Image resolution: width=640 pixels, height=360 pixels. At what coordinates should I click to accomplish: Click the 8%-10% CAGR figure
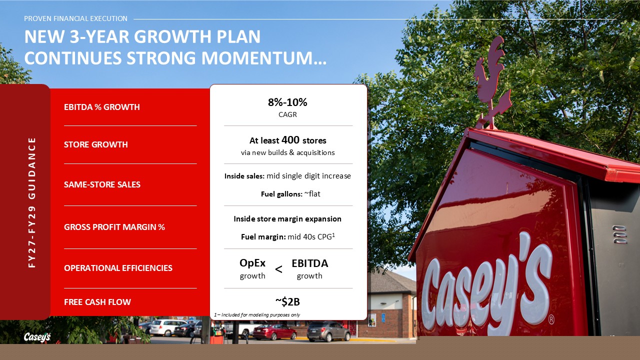pos(287,102)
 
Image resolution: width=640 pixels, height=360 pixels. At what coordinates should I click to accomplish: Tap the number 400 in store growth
pos(290,139)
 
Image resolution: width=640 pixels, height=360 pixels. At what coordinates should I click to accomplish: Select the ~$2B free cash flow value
pos(287,301)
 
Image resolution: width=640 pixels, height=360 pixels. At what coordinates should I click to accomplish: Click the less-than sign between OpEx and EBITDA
pos(278,269)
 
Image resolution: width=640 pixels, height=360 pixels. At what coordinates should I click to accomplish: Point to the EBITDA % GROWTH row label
pos(101,107)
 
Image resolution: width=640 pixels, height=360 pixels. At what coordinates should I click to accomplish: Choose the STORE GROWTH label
pos(95,144)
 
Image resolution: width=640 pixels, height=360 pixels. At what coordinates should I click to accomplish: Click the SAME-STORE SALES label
pos(102,184)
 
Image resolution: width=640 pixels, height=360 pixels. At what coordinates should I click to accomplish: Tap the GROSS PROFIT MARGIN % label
pos(114,227)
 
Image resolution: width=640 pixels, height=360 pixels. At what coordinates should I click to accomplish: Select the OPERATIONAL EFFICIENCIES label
pos(118,268)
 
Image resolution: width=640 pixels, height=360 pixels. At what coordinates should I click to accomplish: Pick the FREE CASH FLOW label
pos(97,302)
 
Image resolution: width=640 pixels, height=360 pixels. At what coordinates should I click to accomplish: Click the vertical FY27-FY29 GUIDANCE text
pos(32,202)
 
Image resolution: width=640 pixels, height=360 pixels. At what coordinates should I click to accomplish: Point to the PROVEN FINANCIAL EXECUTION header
pos(75,18)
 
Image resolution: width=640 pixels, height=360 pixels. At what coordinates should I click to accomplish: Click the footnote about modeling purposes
pos(257,315)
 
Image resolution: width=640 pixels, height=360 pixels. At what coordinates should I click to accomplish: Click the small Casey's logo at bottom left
pos(37,337)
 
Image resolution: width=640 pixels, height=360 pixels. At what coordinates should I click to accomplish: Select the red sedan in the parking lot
pos(274,331)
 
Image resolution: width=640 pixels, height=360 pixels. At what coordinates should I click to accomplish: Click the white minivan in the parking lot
pos(167,327)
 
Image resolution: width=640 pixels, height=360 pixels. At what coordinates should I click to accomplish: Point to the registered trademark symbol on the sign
pos(551,319)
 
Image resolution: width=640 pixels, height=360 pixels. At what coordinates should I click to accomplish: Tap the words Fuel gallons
pos(281,194)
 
